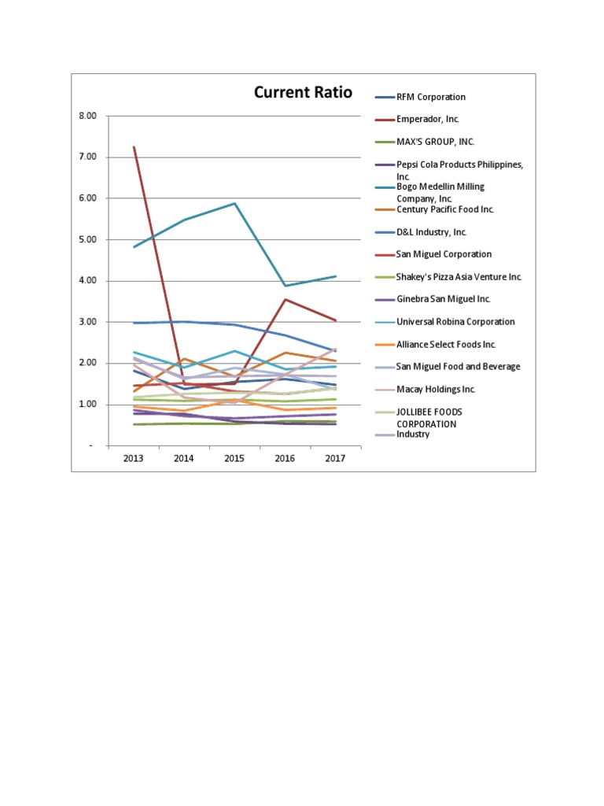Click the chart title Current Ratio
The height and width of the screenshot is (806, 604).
[303, 93]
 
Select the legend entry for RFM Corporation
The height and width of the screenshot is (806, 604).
[430, 97]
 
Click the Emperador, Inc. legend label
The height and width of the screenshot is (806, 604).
[427, 120]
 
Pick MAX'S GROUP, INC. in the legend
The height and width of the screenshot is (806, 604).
[435, 142]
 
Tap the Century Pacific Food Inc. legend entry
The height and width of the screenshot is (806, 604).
[444, 209]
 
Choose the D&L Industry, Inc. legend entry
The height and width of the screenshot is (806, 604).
[431, 232]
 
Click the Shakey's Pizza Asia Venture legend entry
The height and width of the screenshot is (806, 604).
[459, 277]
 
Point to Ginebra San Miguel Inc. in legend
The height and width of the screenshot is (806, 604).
[444, 299]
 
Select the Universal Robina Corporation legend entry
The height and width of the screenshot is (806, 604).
[455, 322]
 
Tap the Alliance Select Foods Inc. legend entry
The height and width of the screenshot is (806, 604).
[446, 344]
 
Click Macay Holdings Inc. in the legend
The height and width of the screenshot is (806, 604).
[436, 389]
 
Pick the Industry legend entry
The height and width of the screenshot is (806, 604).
[413, 434]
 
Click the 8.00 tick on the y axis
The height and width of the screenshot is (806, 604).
[88, 116]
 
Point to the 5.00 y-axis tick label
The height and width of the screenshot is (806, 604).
[88, 239]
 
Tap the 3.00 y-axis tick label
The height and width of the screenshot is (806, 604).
[88, 322]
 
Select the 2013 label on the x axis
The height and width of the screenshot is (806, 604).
[134, 458]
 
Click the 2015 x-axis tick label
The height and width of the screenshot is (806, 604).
[234, 458]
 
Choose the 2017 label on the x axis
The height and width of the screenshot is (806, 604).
[336, 458]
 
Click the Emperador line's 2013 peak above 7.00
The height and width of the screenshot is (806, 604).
[134, 147]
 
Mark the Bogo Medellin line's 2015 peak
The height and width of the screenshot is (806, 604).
[235, 203]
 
